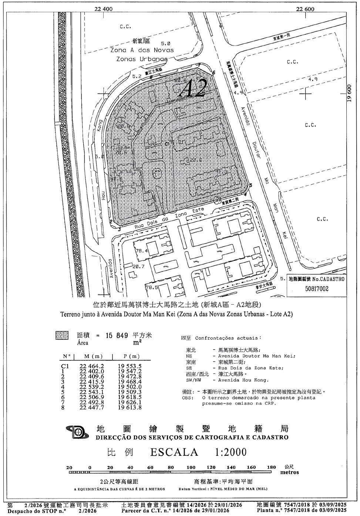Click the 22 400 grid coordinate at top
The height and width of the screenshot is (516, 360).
click(103, 9)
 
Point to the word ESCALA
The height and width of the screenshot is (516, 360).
click(174, 452)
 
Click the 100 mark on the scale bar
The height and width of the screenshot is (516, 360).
click(191, 467)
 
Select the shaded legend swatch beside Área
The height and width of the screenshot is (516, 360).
click(62, 335)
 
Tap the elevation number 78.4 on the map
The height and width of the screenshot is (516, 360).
click(142, 251)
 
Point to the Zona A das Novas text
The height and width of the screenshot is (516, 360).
click(142, 50)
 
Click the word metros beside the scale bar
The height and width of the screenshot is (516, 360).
click(289, 472)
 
